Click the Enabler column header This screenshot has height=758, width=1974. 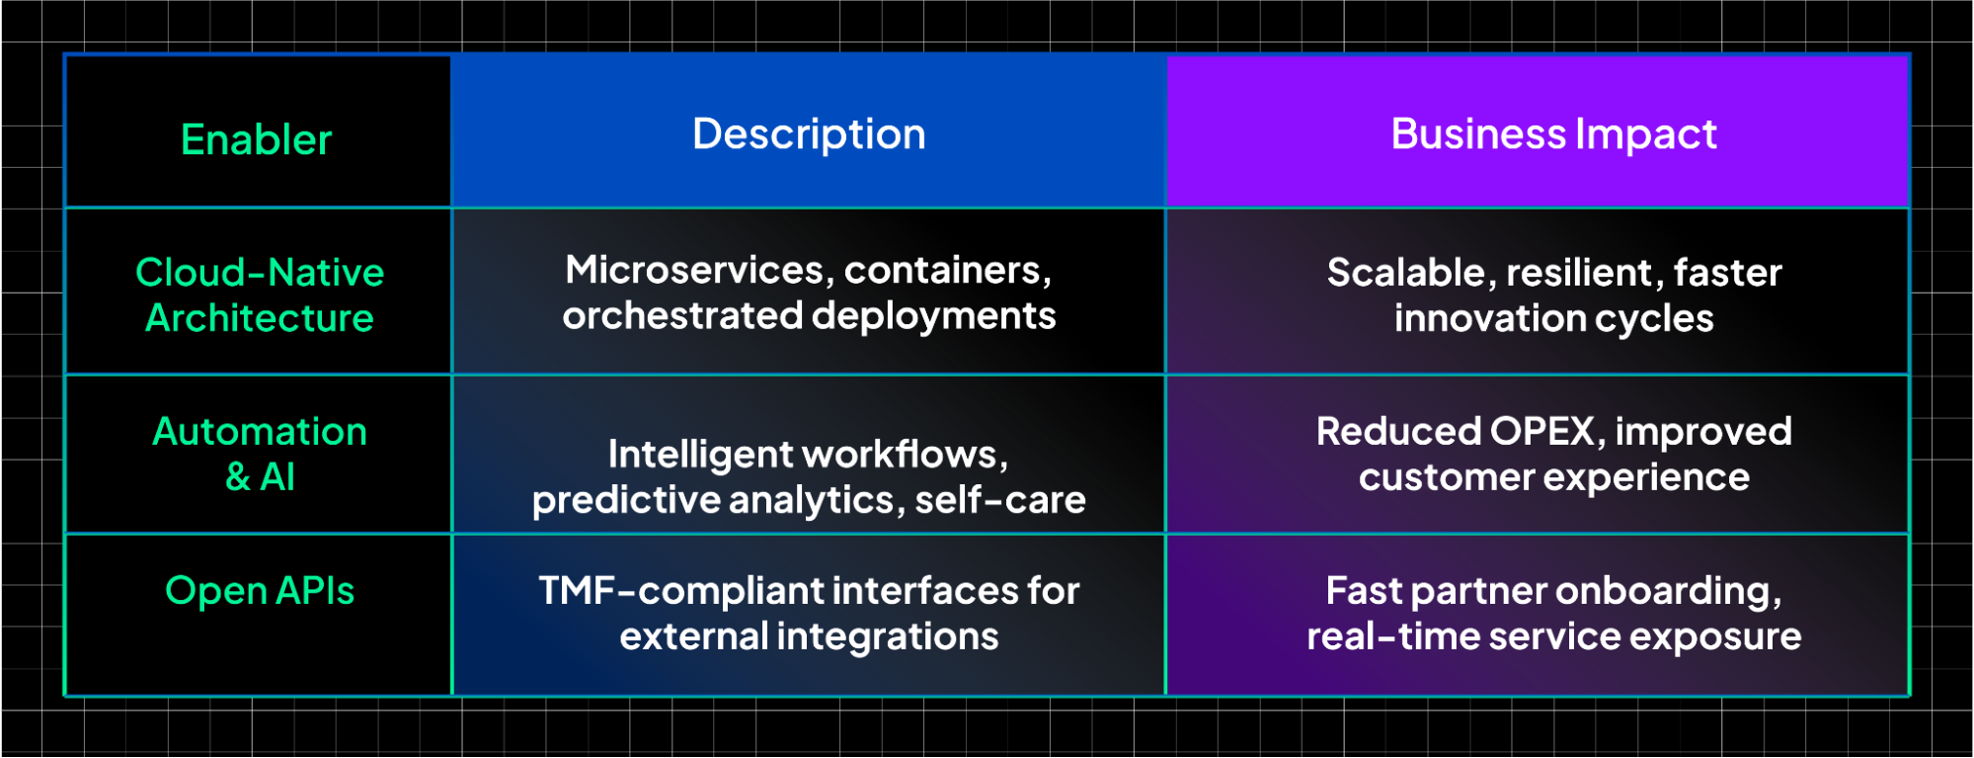(257, 139)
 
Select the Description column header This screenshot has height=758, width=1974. (809, 133)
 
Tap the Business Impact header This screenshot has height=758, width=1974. (1553, 133)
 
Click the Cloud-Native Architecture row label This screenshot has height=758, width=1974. (260, 295)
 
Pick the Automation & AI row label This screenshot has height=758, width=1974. (260, 454)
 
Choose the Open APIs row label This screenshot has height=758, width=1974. (260, 590)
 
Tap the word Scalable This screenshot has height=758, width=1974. (1405, 273)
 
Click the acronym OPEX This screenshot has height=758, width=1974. (1541, 431)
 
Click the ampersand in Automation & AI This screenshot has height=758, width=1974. (238, 477)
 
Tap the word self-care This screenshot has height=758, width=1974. (999, 500)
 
